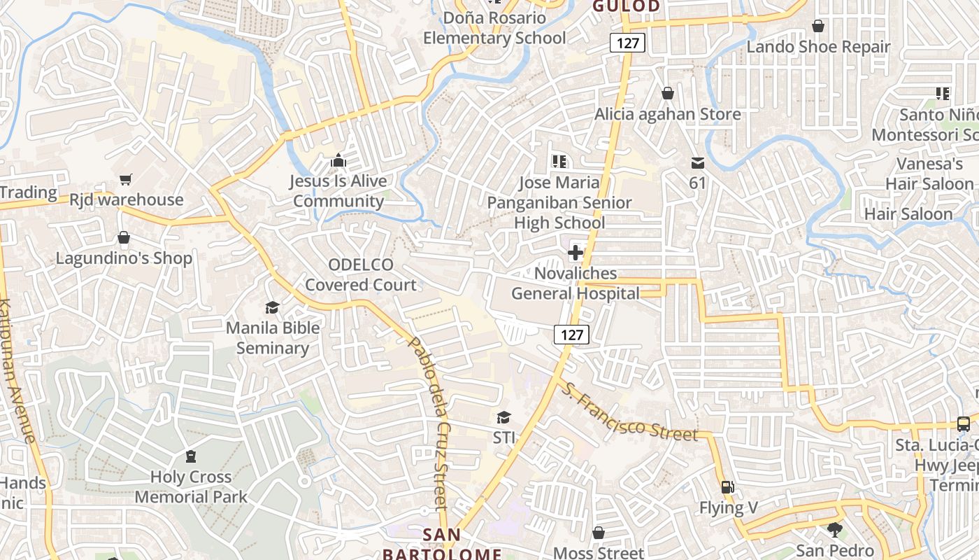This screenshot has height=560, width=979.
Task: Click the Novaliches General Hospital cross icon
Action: click(576, 252)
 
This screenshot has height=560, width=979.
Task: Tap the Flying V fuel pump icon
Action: click(728, 487)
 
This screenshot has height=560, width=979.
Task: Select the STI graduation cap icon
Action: click(503, 418)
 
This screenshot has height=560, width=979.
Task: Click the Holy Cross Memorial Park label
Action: click(191, 487)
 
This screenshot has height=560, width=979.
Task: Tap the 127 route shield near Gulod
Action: click(627, 43)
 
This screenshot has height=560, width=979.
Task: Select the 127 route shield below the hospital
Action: click(572, 335)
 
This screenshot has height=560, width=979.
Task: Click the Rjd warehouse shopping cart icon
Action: click(126, 180)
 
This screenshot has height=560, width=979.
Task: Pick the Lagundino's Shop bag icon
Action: click(124, 238)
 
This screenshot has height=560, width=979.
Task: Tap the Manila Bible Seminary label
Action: click(273, 337)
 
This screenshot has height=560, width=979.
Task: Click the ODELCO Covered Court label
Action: click(361, 274)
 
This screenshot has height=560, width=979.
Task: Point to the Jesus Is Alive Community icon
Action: click(338, 161)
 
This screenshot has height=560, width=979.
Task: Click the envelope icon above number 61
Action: click(697, 163)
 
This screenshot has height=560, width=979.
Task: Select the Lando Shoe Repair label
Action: click(818, 47)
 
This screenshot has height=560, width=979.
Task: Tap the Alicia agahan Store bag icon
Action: click(668, 93)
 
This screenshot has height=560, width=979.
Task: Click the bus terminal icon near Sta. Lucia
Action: click(963, 423)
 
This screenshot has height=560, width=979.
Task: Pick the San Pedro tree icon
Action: click(834, 529)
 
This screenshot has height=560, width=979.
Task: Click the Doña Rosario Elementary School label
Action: click(494, 28)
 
